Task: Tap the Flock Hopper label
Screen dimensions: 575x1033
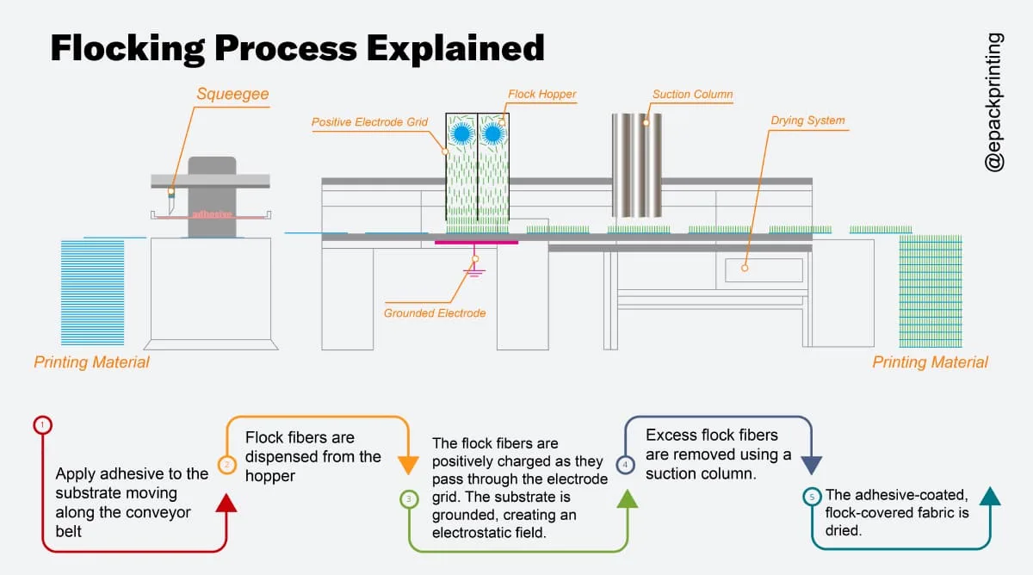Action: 541,94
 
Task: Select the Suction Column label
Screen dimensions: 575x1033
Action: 692,94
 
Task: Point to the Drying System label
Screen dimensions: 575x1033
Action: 807,121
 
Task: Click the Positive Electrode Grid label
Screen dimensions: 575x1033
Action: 369,122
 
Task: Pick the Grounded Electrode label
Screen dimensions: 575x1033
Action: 435,312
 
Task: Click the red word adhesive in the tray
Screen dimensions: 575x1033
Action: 212,213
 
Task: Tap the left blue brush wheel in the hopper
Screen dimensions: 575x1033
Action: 461,133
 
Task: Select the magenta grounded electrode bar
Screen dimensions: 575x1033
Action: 476,243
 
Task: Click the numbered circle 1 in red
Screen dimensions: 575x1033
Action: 43,424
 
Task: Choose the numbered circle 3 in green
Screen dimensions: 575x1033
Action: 409,498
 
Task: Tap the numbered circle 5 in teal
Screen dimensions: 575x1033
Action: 812,497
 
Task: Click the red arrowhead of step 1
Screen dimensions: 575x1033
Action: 226,503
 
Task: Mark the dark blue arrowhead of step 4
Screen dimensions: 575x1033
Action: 811,465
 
